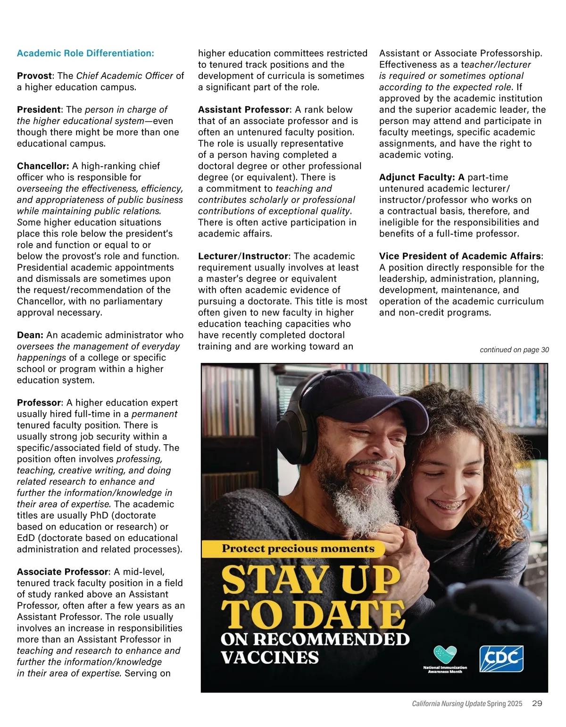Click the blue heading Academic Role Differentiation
(85, 53)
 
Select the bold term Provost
(34, 76)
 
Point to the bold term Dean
(30, 335)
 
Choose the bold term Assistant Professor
(243, 110)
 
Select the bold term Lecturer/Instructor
(243, 256)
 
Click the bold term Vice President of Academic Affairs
(460, 256)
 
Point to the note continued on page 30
(514, 350)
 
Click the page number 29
(537, 703)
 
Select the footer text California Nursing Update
(449, 704)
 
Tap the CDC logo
(501, 659)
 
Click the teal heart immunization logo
(445, 655)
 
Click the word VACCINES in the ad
(270, 658)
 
